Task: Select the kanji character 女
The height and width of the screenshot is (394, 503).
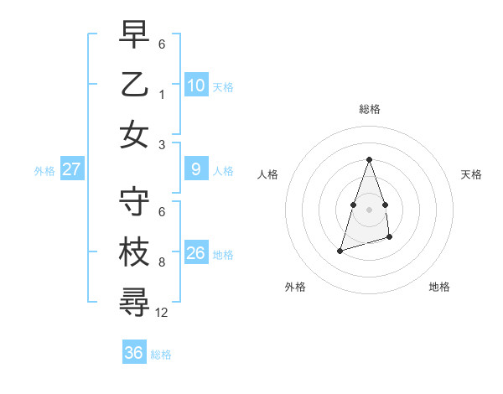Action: (134, 134)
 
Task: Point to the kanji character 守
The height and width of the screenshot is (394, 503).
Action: (134, 201)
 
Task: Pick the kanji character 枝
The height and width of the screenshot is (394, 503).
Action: (134, 252)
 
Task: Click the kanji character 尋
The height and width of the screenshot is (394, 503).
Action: (134, 303)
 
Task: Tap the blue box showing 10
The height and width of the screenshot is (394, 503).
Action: (196, 85)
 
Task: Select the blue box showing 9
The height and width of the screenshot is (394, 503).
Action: (196, 170)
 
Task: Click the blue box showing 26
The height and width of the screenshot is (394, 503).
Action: (196, 253)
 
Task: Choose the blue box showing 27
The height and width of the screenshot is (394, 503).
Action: (72, 169)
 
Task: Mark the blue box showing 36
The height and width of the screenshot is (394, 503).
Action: (134, 353)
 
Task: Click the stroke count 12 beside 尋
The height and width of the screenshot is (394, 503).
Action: (162, 313)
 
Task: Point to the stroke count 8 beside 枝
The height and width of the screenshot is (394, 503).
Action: (162, 262)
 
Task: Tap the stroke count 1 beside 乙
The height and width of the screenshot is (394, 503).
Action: (162, 94)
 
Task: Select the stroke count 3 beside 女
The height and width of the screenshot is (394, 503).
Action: (162, 144)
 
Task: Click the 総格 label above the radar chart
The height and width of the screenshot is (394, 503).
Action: (369, 109)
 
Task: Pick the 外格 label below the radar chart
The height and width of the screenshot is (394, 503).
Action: (295, 287)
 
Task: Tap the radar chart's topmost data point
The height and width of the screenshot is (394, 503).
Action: (369, 160)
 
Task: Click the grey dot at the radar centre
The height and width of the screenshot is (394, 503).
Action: (369, 209)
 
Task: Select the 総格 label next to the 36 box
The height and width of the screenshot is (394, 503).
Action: (161, 354)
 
